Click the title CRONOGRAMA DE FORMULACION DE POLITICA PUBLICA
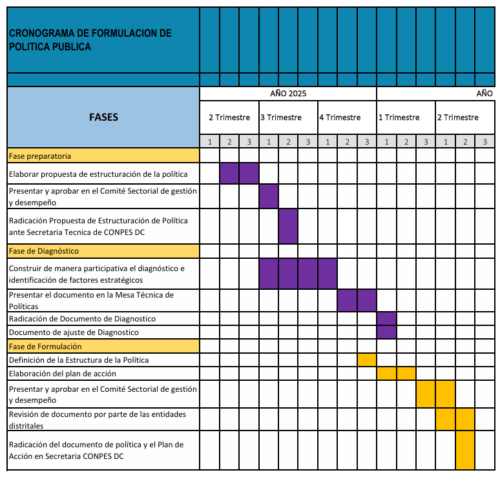tap(90, 40)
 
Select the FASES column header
tap(103, 117)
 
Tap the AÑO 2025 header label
tap(287, 94)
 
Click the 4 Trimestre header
tap(340, 117)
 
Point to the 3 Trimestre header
tap(281, 117)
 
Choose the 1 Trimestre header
tap(399, 117)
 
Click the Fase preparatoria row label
tap(40, 156)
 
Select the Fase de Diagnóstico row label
tap(43, 250)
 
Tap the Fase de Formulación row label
tap(45, 346)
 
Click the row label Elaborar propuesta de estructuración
tap(98, 174)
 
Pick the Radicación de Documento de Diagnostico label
tap(82, 319)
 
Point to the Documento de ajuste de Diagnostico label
tap(74, 332)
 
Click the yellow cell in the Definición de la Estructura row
tap(367, 360)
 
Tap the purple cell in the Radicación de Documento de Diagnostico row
tap(386, 319)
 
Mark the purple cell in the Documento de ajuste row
tap(386, 332)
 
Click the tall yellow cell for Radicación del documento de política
tap(465, 450)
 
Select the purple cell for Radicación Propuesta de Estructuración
tap(288, 226)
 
